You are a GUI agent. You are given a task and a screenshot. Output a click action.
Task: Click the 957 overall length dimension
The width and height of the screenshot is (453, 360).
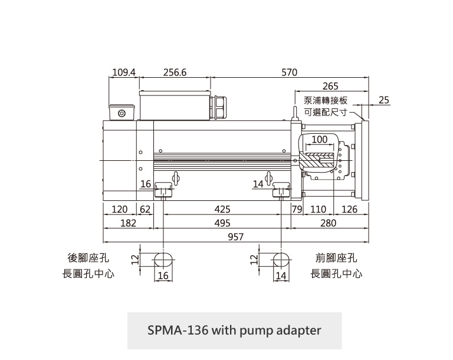coord(236,236)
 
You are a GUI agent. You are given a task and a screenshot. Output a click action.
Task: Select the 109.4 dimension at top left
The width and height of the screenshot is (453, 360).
coord(123,72)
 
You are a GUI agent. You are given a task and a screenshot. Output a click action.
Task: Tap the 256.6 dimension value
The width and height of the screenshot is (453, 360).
coord(175,72)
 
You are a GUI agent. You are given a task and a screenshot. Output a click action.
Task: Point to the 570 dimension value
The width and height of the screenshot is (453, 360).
coord(289,72)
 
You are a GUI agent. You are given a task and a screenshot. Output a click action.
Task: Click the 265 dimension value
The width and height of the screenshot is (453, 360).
coord(330,87)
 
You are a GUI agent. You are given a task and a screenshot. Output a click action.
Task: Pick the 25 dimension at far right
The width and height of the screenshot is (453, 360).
coord(384,100)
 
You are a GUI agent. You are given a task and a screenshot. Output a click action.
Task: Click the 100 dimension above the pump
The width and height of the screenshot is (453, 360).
coord(319,140)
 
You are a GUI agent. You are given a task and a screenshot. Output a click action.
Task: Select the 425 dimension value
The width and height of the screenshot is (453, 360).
coord(222,210)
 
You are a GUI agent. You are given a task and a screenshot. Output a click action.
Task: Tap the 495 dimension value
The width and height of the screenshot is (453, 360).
coord(222,223)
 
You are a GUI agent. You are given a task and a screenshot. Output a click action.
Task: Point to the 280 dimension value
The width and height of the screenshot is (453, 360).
coord(328,223)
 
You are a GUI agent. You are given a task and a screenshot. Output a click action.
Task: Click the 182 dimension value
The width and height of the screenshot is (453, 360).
coord(128,223)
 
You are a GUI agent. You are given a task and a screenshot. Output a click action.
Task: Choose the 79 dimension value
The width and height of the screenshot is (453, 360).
coord(297,210)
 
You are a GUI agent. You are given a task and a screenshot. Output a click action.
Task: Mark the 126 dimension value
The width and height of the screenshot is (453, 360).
coord(350,210)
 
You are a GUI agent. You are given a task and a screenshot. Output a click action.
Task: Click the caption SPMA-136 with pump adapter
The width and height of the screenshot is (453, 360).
coord(234,330)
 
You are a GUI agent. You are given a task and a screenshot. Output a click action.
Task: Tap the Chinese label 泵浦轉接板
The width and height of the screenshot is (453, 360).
coord(325,100)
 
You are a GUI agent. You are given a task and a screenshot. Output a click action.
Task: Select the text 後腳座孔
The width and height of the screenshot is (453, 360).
coord(88,259)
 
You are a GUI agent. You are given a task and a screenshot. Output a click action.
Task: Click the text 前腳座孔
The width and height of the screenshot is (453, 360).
coord(337,259)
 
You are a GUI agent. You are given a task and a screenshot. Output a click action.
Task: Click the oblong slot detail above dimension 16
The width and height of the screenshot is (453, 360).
coord(163,259)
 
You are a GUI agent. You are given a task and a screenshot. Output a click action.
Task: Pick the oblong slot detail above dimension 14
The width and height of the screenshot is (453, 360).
coord(281,259)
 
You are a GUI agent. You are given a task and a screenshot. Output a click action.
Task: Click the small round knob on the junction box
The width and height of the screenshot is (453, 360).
coord(122,113)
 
